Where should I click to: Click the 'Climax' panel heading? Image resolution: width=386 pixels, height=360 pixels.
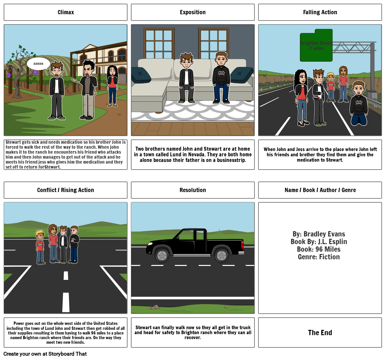point(66,12)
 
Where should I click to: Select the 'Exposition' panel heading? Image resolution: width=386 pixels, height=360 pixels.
point(193,12)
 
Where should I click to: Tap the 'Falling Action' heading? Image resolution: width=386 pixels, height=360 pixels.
point(320,12)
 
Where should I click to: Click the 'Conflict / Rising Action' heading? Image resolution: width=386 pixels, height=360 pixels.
point(66,190)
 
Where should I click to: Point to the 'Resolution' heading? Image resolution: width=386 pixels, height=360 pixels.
point(193,190)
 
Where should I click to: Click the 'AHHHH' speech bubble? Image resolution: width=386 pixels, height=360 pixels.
point(38,64)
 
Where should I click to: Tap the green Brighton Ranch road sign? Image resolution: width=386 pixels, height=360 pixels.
point(316,46)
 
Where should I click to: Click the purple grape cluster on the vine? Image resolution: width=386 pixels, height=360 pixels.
point(9,75)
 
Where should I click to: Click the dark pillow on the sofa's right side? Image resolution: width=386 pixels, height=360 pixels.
point(242,75)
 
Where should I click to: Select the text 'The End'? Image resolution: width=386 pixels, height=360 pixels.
point(320,333)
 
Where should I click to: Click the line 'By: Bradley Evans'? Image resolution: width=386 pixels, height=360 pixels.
point(319,234)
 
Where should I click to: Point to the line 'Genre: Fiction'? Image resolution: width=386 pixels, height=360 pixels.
point(319,257)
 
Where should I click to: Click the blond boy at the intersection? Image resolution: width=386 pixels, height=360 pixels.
point(40,247)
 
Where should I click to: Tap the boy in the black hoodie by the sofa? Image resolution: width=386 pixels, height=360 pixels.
point(221,78)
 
